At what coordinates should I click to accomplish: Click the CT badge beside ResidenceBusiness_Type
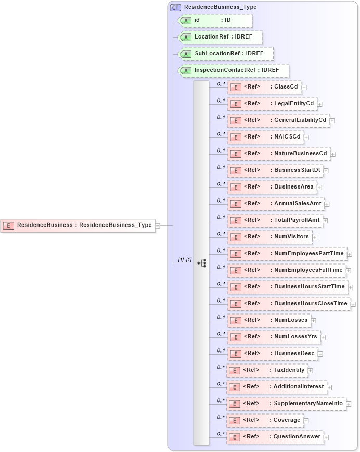click(176, 7)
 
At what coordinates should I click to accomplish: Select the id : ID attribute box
click(215, 20)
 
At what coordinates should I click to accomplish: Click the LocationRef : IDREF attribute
click(220, 37)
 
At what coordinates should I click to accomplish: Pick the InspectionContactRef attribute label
click(237, 70)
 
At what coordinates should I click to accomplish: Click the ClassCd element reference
click(264, 87)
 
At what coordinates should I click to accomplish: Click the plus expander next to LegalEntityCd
click(320, 104)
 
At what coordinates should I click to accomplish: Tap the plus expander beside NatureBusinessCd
click(333, 154)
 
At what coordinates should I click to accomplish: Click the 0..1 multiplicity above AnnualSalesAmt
click(221, 200)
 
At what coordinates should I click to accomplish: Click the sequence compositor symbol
click(202, 263)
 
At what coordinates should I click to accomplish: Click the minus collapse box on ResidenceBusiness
click(158, 225)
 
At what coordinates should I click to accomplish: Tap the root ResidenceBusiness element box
click(78, 225)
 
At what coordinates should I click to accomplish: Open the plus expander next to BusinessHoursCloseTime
click(353, 304)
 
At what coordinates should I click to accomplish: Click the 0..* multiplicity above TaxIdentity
click(221, 367)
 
